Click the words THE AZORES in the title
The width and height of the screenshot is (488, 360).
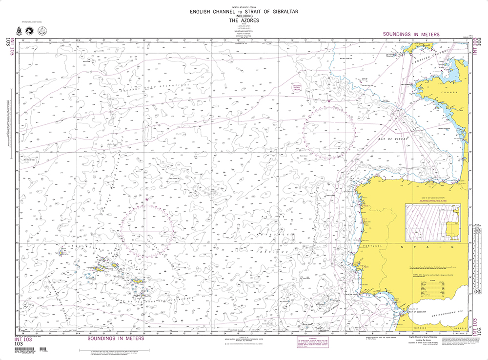click(x=244, y=20)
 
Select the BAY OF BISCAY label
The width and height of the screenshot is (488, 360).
click(x=392, y=140)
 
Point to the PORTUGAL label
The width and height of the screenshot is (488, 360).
click(x=375, y=245)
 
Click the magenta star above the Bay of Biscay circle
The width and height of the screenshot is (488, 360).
click(x=329, y=101)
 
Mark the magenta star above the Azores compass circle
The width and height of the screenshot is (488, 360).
click(x=147, y=199)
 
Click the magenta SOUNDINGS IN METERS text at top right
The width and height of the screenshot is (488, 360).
click(x=411, y=35)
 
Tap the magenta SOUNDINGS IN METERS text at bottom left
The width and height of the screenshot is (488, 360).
click(x=116, y=338)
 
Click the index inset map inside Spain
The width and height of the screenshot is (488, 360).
click(x=432, y=220)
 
